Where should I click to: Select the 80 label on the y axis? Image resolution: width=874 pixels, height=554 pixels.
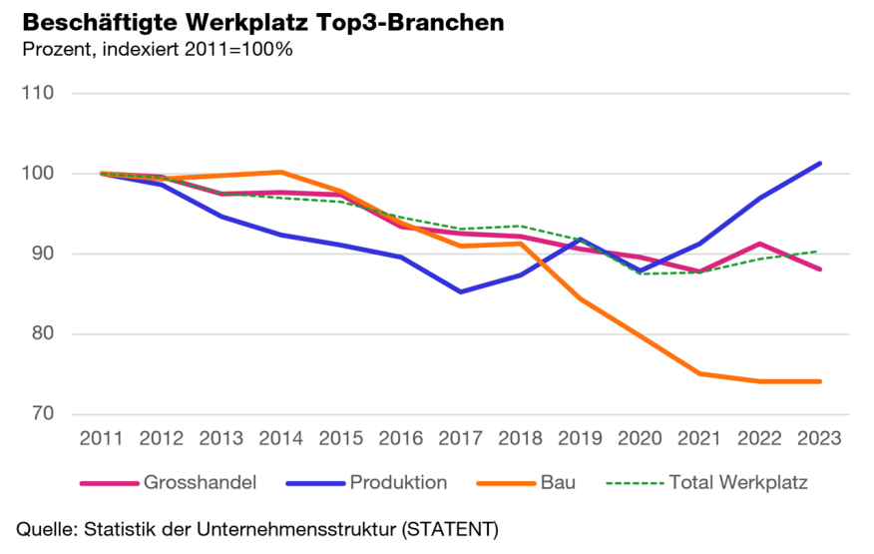coord(44,333)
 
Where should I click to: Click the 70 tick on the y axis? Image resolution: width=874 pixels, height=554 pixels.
coord(44,413)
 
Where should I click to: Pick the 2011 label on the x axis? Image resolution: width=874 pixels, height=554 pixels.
coord(102,438)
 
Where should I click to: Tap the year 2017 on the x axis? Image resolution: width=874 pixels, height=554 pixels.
coord(460,438)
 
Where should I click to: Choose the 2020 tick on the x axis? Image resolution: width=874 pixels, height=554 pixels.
coord(640,438)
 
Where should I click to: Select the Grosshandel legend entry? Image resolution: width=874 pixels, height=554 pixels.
coord(200,482)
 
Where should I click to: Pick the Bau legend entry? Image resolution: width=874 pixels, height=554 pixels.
coord(558,482)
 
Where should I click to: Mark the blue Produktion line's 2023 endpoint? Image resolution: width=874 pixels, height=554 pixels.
coord(820,163)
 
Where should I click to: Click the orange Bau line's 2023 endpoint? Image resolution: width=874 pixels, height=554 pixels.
coord(820,381)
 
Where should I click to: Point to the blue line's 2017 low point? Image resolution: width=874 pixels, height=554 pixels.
coord(460,291)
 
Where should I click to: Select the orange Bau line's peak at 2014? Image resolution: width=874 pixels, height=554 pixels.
coord(280,172)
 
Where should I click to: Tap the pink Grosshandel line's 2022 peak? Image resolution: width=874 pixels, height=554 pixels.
coord(760,244)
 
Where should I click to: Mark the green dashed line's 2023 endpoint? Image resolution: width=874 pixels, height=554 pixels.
coord(820,251)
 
